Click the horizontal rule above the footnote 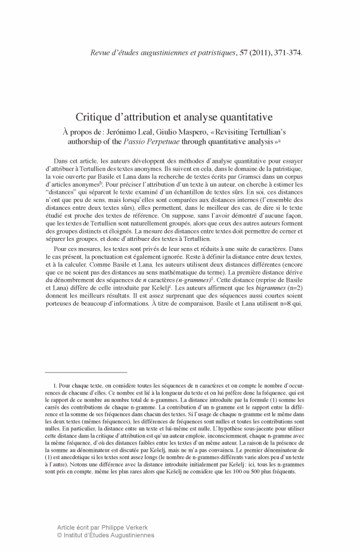click(86, 372)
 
